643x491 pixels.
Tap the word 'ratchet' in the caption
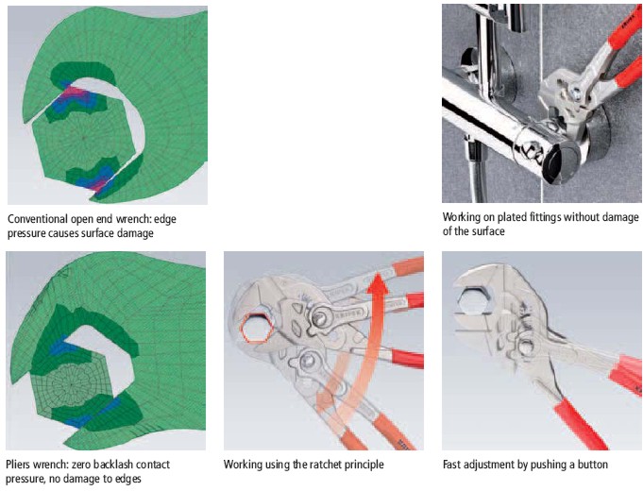(322, 465)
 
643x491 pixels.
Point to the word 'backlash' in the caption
(111, 465)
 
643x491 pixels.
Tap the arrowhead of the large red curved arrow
(378, 283)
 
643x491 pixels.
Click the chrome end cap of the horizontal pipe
(562, 162)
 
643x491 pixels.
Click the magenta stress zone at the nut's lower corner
(98, 183)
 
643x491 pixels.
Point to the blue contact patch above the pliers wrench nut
(61, 347)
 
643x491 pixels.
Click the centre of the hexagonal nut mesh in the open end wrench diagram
(83, 138)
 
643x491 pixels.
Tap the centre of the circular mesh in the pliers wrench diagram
(72, 384)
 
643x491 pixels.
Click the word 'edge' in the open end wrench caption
(165, 220)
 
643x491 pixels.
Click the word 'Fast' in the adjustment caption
(451, 465)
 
